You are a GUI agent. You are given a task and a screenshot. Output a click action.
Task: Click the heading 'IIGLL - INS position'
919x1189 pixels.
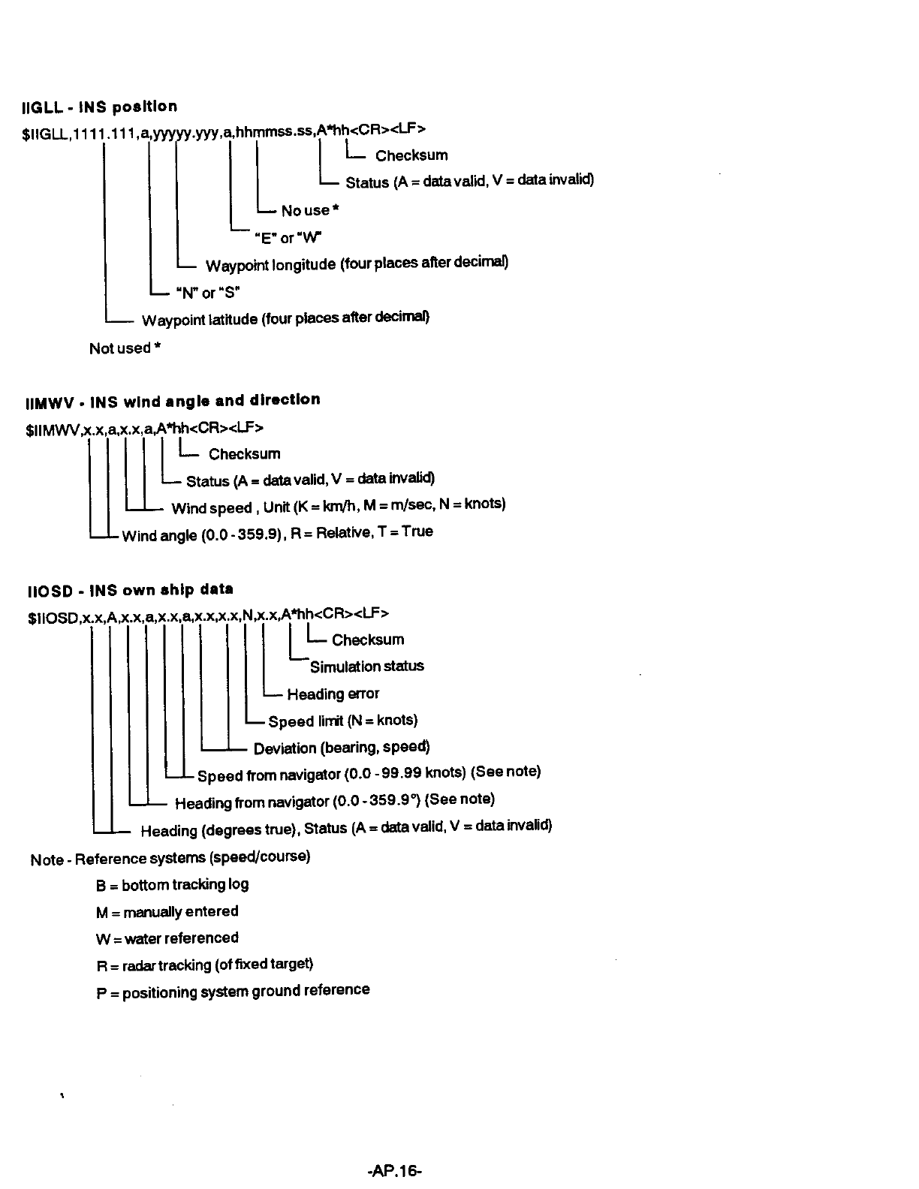coord(101,107)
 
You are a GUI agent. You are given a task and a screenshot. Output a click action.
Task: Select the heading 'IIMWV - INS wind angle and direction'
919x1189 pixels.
coord(173,401)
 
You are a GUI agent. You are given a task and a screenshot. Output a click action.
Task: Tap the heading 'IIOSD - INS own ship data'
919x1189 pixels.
coord(129,590)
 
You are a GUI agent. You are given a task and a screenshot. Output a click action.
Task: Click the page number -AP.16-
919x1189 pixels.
coord(396,1170)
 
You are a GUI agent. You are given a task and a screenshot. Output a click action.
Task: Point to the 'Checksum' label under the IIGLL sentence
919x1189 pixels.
coord(411,156)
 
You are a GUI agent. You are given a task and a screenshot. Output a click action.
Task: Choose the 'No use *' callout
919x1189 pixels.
coord(310,211)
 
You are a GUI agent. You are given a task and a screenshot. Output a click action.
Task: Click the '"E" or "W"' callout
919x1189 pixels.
coord(288,238)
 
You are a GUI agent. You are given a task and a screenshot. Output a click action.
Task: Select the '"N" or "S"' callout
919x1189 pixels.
coord(206,292)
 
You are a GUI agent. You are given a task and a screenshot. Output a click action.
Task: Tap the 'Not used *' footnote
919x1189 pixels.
coord(125,348)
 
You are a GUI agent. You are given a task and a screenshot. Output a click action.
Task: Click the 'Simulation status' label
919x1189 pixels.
coord(366,667)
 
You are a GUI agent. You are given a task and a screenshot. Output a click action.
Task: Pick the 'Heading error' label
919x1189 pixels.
coord(333,694)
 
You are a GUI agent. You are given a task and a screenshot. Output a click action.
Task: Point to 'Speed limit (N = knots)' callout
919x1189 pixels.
coord(342,721)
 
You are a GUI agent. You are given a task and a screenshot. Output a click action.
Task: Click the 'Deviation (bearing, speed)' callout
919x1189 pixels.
coord(342,748)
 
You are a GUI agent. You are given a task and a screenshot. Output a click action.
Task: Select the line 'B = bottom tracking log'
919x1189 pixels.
coord(172,885)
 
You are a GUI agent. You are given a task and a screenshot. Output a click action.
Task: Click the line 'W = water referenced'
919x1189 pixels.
coord(167,939)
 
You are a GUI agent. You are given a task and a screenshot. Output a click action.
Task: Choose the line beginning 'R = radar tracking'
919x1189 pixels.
coord(204,965)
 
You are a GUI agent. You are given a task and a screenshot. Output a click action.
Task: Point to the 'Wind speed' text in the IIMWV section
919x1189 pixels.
coord(212,509)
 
